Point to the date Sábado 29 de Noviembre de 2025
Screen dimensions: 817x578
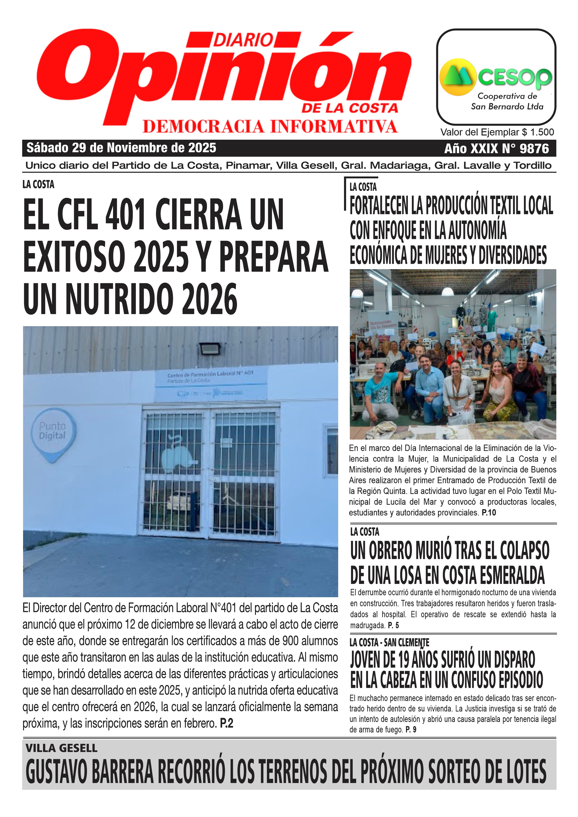[x=121, y=148]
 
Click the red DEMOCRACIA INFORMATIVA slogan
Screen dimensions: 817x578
[x=270, y=127]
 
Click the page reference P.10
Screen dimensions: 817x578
[x=489, y=513]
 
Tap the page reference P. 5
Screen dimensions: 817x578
[x=393, y=625]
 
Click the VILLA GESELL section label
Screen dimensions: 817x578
[x=61, y=748]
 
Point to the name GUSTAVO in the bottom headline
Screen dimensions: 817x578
[x=57, y=771]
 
